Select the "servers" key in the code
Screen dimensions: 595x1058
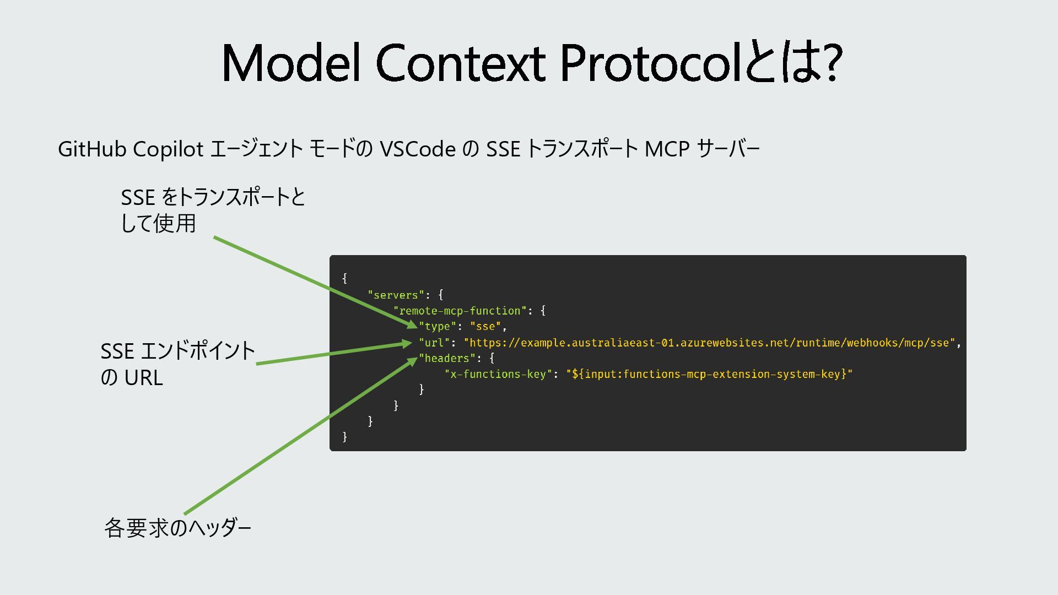pos(396,295)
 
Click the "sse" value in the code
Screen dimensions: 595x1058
pos(485,327)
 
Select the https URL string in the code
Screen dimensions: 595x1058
pos(709,343)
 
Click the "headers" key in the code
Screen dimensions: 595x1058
pos(447,359)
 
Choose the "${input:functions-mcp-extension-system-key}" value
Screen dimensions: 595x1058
pos(709,375)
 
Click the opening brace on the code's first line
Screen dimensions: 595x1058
pos(345,279)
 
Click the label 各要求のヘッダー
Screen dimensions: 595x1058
pos(177,528)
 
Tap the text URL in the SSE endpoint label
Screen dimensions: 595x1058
pos(143,378)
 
